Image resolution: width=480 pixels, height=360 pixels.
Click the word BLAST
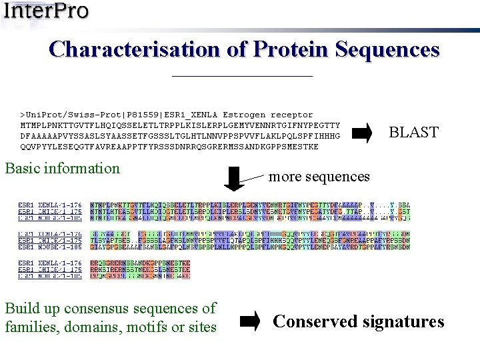pyautogui.click(x=413, y=133)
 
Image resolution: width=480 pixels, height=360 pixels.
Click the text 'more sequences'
pyautogui.click(x=319, y=177)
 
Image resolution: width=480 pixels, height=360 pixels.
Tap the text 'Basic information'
pyautogui.click(x=62, y=168)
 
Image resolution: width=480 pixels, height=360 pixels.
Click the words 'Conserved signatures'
pyautogui.click(x=359, y=321)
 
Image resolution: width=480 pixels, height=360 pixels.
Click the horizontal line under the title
pyautogui.click(x=242, y=76)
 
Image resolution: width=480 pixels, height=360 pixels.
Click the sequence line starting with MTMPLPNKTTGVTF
pyautogui.click(x=180, y=125)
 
